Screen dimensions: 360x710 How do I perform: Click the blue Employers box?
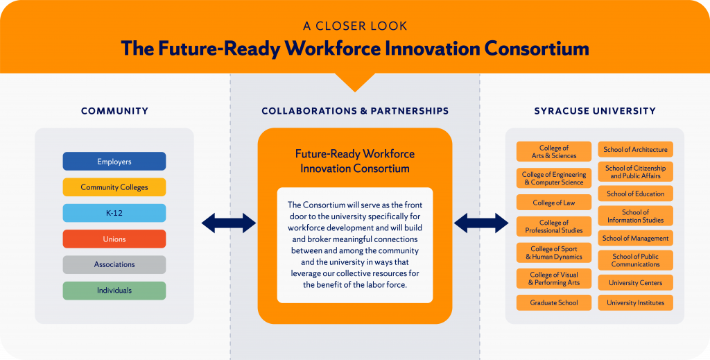point(114,162)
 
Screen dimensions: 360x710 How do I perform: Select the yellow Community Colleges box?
point(114,187)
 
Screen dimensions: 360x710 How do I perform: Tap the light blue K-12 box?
point(114,213)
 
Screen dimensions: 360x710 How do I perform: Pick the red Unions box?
point(114,239)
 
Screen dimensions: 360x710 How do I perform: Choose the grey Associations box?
point(114,264)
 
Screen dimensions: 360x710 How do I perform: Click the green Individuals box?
point(114,290)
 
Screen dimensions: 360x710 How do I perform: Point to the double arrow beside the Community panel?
point(228,223)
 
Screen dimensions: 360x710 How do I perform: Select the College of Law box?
point(553,203)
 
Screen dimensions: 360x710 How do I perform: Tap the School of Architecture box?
point(635,149)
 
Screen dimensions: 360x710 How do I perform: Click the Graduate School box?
point(553,302)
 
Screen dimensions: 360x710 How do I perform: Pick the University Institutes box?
point(635,302)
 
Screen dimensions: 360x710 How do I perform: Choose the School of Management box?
point(635,238)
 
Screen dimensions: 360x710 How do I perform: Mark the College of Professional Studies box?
point(553,226)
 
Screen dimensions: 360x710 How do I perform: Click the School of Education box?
point(635,194)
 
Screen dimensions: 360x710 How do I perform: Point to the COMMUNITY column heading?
point(114,111)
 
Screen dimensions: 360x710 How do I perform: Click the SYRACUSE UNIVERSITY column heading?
point(595,111)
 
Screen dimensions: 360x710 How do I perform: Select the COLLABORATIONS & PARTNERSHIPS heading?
point(355,111)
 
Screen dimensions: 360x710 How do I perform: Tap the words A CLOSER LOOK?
point(355,26)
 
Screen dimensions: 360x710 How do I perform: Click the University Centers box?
point(635,283)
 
